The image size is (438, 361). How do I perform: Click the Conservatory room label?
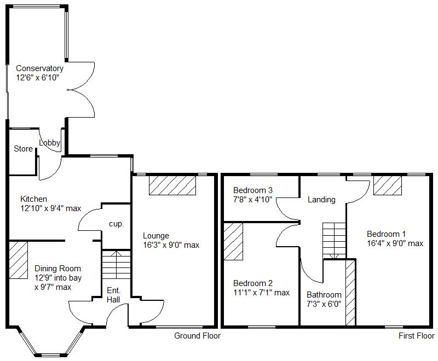tap(39, 68)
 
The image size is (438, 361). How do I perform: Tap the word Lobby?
tap(49, 143)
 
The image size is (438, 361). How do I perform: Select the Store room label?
tap(23, 149)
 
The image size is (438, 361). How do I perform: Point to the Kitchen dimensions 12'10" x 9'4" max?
tap(50, 208)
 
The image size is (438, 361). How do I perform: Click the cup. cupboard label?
tap(117, 224)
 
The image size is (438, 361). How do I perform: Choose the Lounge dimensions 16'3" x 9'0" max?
tap(171, 245)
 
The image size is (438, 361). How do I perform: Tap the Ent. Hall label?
tap(113, 295)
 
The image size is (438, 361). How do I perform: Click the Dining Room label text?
tap(57, 269)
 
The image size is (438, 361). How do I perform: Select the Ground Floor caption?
tap(197, 336)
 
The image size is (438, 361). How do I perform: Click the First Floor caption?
tap(416, 336)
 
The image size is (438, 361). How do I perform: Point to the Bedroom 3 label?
tap(252, 190)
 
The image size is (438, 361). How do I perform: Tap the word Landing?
tap(321, 200)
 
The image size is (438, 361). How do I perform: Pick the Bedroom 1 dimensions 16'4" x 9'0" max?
tap(395, 243)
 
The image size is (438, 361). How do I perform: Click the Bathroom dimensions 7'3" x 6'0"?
tap(324, 304)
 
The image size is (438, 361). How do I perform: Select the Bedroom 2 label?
tap(252, 283)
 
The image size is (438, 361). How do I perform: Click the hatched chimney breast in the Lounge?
tap(172, 185)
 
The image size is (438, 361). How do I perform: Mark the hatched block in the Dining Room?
tap(18, 260)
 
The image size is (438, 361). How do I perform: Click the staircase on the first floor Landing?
tap(334, 240)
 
